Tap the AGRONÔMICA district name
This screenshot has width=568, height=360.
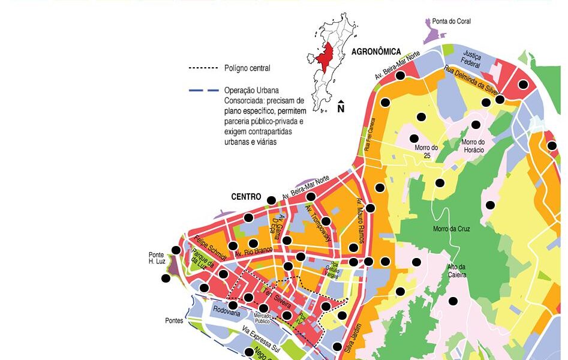pos(376,52)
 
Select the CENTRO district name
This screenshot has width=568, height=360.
pos(246,197)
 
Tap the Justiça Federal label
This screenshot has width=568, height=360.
pos(472,56)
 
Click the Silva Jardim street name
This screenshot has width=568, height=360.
pos(353,332)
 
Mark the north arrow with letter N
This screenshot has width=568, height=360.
pos(341,107)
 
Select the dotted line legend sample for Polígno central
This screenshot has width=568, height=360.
pos(202,68)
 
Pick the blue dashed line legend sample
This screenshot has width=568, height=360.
pos(202,91)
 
